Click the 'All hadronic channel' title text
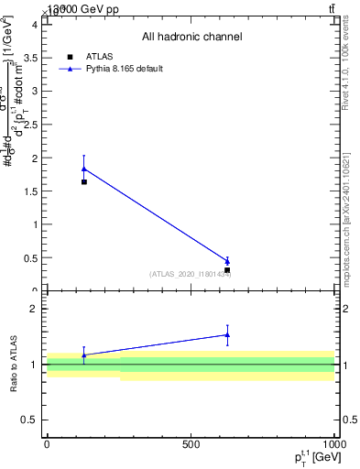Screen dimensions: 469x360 point(191,38)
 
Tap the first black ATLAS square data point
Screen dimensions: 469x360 point(84,181)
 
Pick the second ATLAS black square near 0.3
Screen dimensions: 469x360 point(227,270)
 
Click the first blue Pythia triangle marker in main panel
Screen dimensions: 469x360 point(84,169)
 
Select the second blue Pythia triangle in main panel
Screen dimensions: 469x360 point(227,261)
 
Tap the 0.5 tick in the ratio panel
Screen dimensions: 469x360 point(34,420)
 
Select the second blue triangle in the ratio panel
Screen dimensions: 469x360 point(227,334)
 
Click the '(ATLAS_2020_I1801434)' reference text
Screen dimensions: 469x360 point(190,274)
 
